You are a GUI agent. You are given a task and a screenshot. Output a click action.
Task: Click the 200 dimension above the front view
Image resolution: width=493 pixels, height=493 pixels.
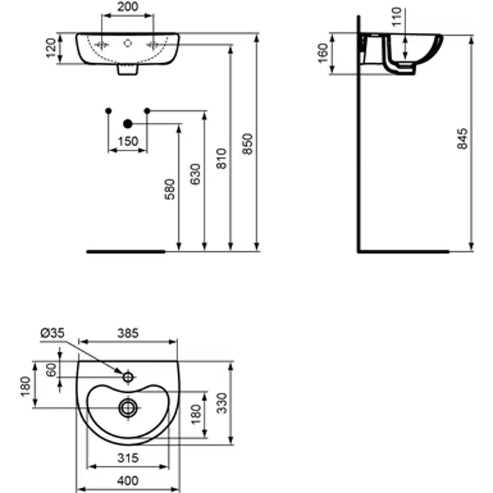(128, 8)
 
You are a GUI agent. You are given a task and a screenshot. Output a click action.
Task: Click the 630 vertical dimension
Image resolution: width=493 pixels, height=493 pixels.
(196, 175)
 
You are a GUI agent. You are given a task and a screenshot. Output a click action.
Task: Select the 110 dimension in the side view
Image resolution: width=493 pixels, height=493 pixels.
(397, 16)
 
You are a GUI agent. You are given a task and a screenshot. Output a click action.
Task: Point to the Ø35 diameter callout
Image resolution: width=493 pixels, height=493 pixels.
(52, 332)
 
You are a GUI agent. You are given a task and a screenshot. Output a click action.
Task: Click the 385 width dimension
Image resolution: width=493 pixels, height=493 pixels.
(128, 332)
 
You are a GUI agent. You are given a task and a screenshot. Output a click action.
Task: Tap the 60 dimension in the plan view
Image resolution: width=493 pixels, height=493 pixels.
(51, 370)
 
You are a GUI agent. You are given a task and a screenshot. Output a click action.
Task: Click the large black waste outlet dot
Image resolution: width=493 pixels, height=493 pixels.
(128, 124)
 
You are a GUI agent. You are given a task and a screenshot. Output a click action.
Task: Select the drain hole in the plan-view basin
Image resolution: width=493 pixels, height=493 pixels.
(128, 405)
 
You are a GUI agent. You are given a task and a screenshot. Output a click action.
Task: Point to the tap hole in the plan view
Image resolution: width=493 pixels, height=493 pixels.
(128, 378)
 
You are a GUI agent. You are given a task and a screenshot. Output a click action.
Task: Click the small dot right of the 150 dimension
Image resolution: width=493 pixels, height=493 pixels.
(147, 110)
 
